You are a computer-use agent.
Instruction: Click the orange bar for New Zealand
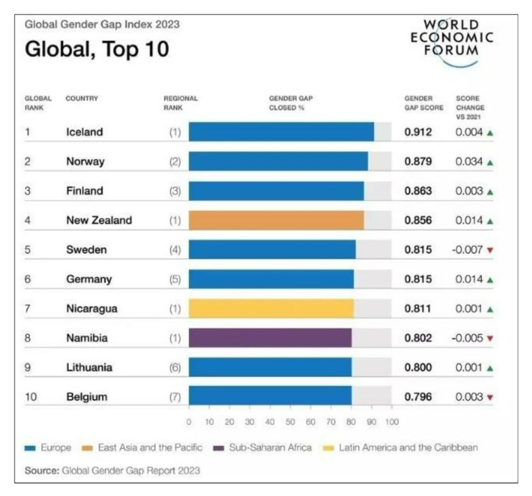pyautogui.click(x=275, y=220)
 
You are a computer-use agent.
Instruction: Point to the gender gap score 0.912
pyautogui.click(x=418, y=132)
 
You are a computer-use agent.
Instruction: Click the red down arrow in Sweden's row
pyautogui.click(x=490, y=250)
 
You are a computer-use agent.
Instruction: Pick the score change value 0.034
pyautogui.click(x=469, y=162)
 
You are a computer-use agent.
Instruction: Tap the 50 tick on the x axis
pyautogui.click(x=290, y=422)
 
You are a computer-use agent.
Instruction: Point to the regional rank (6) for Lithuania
pyautogui.click(x=174, y=368)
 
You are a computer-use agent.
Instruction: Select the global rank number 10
pyautogui.click(x=31, y=397)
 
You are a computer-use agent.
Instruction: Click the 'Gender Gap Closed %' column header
pyautogui.click(x=291, y=103)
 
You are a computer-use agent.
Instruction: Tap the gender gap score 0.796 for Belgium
pyautogui.click(x=418, y=397)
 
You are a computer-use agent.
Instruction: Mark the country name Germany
pyautogui.click(x=89, y=279)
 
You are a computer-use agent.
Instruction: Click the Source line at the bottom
pyautogui.click(x=112, y=471)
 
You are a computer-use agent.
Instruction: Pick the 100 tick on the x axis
pyautogui.click(x=392, y=422)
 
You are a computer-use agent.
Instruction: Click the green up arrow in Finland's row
pyautogui.click(x=490, y=192)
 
